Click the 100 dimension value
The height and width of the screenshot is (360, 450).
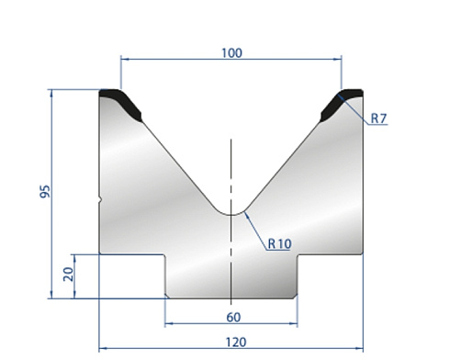(231, 53)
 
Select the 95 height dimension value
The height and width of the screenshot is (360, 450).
(45, 191)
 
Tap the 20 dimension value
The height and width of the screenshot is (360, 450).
(68, 275)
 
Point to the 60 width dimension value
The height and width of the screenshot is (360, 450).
(233, 318)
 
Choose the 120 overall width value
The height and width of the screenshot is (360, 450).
(236, 343)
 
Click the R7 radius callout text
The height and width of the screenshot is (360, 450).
(379, 118)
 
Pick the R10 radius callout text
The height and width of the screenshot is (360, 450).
(280, 244)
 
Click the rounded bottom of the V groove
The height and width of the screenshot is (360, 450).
(231, 215)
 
